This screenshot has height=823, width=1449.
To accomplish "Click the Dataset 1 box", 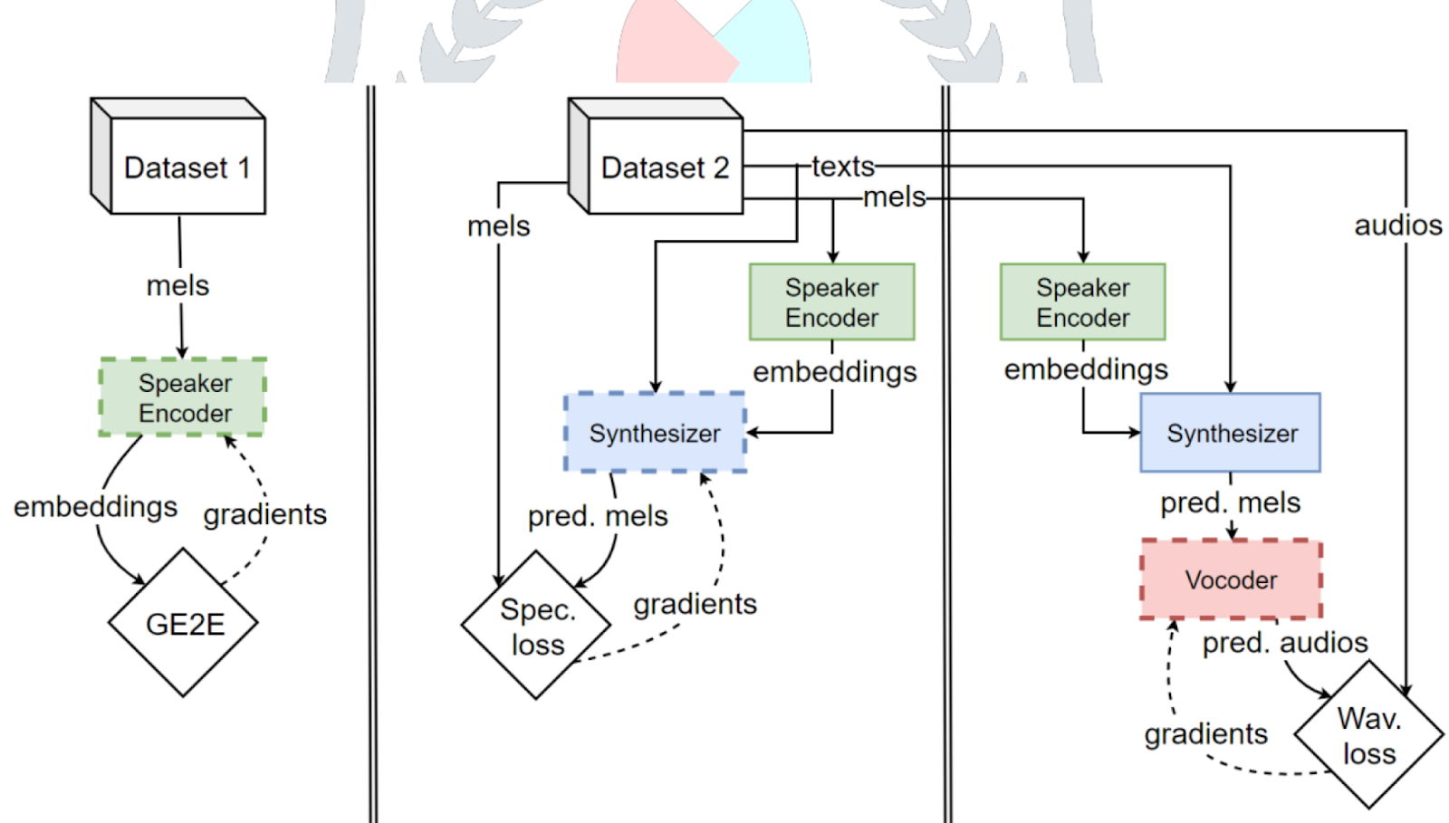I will pos(187,167).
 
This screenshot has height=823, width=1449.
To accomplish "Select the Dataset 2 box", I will pos(664,167).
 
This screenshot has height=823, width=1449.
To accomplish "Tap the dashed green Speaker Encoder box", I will pos(184,397).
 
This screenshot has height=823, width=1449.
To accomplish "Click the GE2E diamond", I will pos(184,623).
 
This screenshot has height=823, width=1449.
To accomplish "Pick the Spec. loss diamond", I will pos(536,626).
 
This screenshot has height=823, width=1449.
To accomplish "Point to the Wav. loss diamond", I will pos(1368,735).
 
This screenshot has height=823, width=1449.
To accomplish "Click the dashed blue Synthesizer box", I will pos(655,433).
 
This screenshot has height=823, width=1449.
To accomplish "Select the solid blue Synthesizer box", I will pos(1231,433).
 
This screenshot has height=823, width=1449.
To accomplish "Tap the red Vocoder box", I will pos(1231,579).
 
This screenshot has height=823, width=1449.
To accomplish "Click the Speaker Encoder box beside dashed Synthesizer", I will pos(831,302).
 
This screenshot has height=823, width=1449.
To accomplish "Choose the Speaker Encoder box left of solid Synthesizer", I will pos(1082,302).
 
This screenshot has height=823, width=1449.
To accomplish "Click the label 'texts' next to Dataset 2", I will pos(842,167).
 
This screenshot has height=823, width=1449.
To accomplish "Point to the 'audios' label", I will pos(1397,225).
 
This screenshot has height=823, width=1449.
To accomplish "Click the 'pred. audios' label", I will pos(1284,643).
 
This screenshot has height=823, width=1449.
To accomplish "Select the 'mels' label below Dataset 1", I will pos(178,285).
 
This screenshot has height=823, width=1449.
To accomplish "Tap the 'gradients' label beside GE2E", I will pos(264,514).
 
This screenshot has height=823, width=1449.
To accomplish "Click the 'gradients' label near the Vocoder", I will pos(1205,733).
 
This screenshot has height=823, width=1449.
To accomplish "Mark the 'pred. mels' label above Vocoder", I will pos(1230,502).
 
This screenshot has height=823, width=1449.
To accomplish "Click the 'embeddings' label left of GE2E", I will pos(95,506).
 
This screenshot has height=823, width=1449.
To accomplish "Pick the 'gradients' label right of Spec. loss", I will pos(695,604).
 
